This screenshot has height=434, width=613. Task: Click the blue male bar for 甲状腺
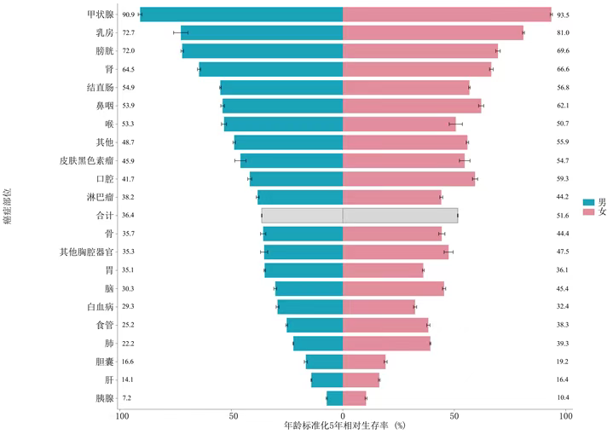click(x=241, y=14)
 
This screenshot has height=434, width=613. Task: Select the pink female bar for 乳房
click(x=433, y=32)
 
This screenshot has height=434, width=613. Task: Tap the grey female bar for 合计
click(x=400, y=216)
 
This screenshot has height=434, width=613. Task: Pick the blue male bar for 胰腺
click(x=334, y=398)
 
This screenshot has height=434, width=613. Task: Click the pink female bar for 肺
click(x=386, y=344)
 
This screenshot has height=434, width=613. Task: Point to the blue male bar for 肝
click(x=327, y=380)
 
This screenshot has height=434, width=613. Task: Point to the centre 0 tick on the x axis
click(x=343, y=415)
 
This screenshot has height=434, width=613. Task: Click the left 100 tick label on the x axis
click(x=123, y=415)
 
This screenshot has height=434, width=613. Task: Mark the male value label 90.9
click(x=129, y=14)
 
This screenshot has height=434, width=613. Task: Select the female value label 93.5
click(x=563, y=14)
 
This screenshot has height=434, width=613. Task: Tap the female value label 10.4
click(x=563, y=398)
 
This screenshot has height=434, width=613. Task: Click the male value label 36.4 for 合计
click(x=129, y=216)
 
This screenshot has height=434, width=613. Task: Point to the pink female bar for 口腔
click(x=409, y=179)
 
